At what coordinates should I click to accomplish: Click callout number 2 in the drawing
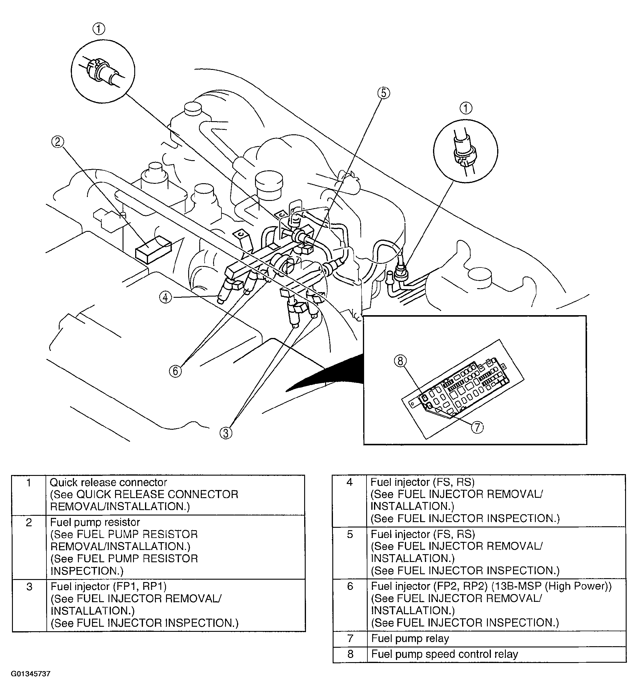[58, 142]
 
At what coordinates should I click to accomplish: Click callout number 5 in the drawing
[383, 93]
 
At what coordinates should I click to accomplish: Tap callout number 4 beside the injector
[165, 297]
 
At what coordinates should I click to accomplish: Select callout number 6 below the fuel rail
[175, 371]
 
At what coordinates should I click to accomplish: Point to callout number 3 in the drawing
[226, 433]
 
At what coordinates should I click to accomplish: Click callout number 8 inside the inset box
[400, 361]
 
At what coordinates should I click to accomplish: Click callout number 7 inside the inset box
[477, 427]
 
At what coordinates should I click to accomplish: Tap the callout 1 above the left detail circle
[99, 29]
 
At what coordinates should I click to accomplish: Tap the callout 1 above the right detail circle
[466, 108]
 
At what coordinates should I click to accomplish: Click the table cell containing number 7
[350, 638]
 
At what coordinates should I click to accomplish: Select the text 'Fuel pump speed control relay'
[444, 654]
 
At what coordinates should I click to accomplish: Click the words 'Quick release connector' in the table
[108, 482]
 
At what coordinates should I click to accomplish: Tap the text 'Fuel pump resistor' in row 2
[95, 522]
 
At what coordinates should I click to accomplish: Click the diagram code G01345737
[31, 683]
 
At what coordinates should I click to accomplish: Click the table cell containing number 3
[29, 586]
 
